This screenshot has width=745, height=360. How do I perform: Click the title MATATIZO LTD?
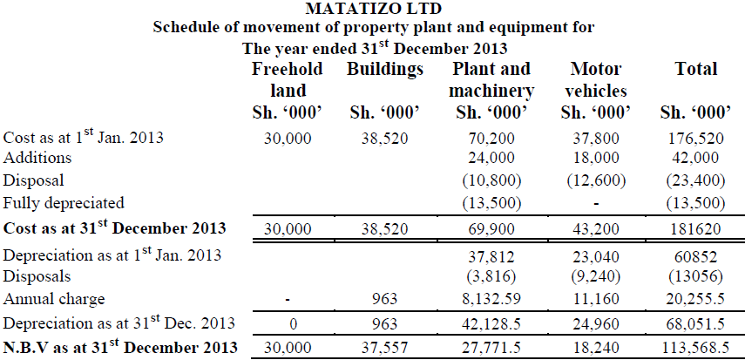(374, 10)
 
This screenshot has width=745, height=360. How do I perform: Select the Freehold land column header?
(287, 79)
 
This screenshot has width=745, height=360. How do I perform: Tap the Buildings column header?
(385, 68)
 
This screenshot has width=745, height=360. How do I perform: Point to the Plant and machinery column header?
(491, 79)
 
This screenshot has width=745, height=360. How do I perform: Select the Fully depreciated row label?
(63, 202)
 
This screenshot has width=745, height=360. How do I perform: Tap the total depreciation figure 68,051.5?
(694, 325)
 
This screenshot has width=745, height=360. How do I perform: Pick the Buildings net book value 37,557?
(385, 347)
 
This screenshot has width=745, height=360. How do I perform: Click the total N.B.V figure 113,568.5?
(694, 347)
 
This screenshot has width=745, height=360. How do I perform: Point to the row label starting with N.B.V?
(120, 347)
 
